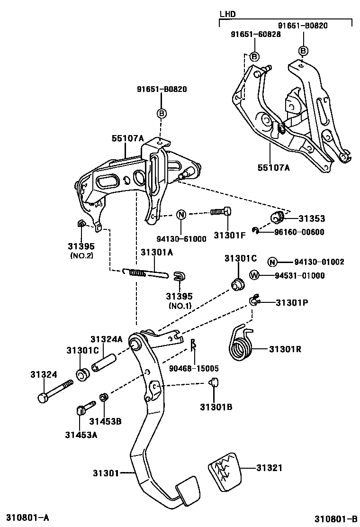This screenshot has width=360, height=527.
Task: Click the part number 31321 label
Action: (x=270, y=468)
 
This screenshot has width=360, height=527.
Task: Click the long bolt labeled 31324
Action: (x=54, y=389)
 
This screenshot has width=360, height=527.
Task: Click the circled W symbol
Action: (x=254, y=275)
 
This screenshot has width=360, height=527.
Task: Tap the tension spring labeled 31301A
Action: (x=145, y=273)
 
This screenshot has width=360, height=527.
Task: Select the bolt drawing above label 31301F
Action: (x=221, y=212)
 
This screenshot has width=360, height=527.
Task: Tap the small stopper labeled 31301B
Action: (x=214, y=382)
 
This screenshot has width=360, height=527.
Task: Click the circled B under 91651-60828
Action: (x=254, y=56)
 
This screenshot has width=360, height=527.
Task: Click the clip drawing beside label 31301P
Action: (x=255, y=300)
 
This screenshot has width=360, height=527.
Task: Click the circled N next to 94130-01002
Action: (x=272, y=262)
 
